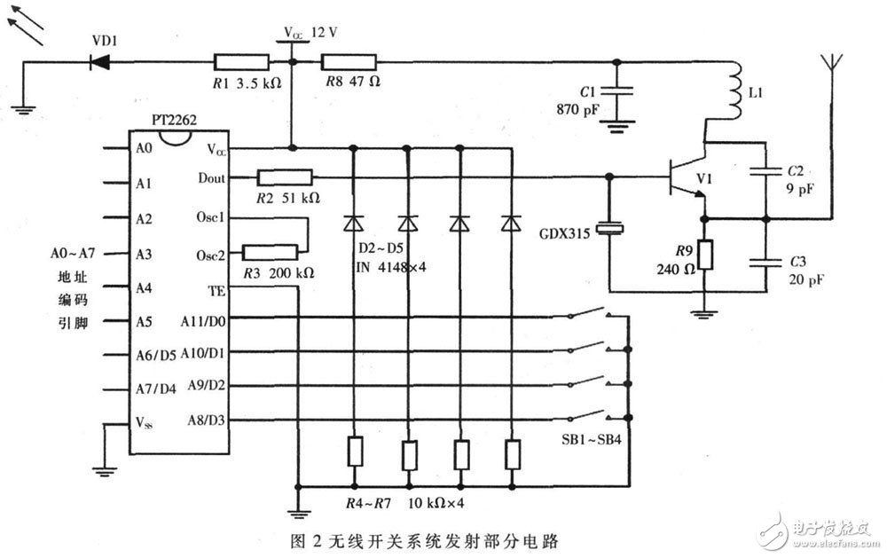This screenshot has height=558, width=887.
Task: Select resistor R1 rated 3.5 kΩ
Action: point(241,62)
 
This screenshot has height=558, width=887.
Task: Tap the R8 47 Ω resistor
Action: point(348,62)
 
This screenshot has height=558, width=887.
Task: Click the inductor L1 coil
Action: point(734,92)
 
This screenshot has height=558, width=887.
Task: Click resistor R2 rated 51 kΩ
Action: point(284,178)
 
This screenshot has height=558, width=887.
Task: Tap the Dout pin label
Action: point(212,178)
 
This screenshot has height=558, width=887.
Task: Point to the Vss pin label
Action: point(144,420)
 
